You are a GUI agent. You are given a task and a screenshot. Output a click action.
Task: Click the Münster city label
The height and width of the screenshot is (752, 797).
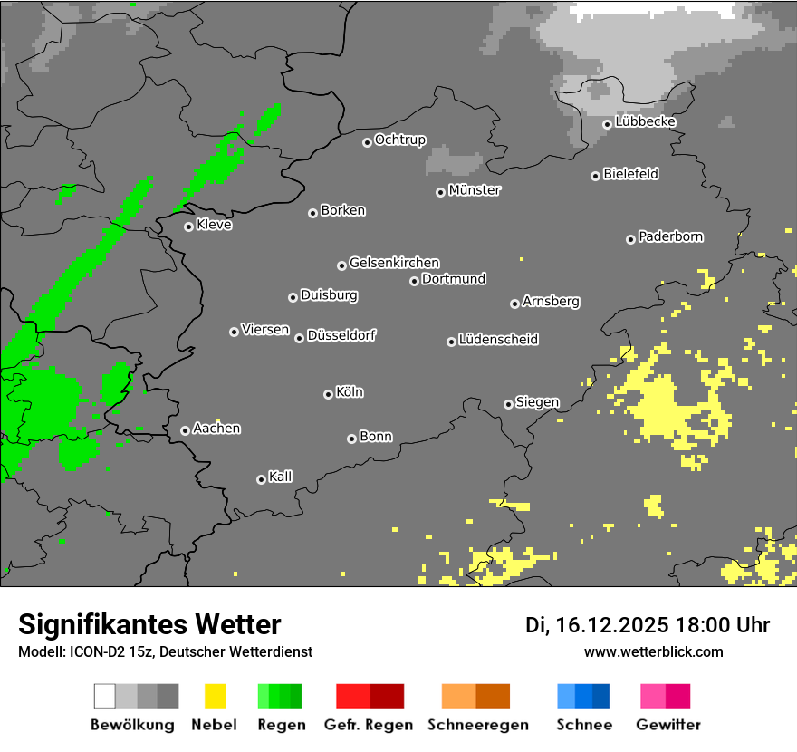coord(475,190)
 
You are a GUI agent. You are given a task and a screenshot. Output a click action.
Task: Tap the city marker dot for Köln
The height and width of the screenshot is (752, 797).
coord(328,394)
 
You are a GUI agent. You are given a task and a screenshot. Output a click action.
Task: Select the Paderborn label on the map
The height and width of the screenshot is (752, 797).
coord(671,236)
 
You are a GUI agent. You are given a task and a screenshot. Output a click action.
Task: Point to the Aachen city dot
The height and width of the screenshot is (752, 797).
coord(185,430)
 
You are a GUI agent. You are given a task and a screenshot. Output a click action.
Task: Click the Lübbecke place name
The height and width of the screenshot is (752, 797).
coord(646,121)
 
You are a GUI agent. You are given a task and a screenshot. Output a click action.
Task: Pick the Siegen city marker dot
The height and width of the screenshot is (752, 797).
coord(508,404)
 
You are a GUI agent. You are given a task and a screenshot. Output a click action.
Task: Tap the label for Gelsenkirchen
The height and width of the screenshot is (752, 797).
coord(394,263)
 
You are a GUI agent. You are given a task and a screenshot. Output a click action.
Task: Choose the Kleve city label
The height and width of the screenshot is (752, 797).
coord(215,225)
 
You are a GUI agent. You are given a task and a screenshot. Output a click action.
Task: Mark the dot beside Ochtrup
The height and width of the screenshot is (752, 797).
coord(367,141)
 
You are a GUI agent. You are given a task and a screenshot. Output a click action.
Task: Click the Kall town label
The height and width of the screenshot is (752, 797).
coord(281,477)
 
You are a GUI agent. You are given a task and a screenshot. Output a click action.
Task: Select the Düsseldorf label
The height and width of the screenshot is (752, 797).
coord(341,335)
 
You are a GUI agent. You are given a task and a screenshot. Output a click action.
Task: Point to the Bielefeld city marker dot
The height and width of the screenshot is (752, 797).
coord(595,176)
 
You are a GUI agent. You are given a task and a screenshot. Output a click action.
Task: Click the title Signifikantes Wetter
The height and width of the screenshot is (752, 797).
coord(149,624)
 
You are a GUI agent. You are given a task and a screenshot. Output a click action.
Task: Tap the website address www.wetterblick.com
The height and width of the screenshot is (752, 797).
coord(654,651)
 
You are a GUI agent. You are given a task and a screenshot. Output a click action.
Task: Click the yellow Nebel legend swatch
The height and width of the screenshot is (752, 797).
coord(215,696)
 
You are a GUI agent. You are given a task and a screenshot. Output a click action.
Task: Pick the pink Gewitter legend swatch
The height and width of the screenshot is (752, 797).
coord(666,696)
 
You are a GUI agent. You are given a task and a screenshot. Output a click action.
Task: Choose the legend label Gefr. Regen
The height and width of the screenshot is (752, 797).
coord(369,725)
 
